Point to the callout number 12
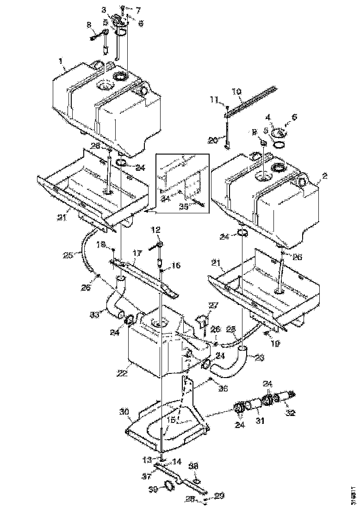click(x=156, y=229)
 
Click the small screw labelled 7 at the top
click(x=123, y=8)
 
